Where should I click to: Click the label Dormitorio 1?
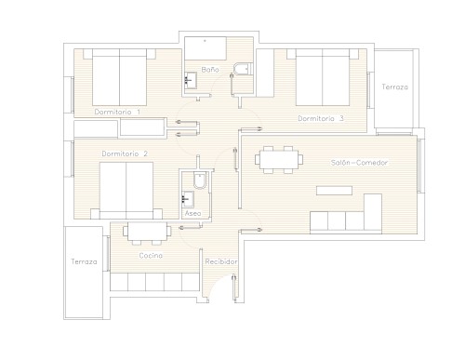click(x=117, y=112)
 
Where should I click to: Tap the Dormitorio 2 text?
click(x=125, y=153)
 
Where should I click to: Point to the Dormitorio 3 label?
click(x=321, y=118)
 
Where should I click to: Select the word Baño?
click(x=210, y=70)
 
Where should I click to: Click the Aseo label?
click(x=193, y=213)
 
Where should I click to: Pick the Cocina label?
click(x=151, y=256)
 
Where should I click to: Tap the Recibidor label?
click(x=221, y=261)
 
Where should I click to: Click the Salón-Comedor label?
click(x=359, y=163)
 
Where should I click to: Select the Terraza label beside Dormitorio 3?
click(x=394, y=87)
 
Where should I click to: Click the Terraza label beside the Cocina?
click(x=84, y=261)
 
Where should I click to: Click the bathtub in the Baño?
click(x=206, y=48)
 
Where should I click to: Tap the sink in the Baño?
click(x=191, y=81)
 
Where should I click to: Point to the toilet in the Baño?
click(x=243, y=69)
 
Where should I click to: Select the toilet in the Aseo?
click(x=200, y=180)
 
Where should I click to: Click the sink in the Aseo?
click(x=188, y=199)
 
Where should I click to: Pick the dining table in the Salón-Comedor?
click(x=279, y=160)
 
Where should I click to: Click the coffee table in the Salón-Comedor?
click(x=334, y=191)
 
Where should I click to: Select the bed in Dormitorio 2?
click(x=126, y=191)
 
